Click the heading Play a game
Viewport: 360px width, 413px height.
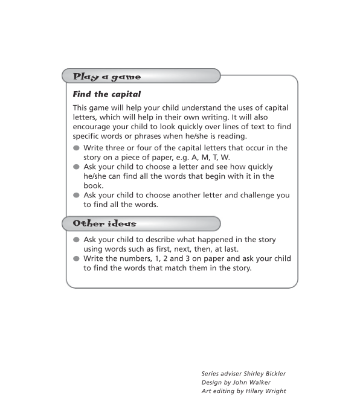[107, 77]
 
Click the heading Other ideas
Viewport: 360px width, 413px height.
[104, 224]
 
